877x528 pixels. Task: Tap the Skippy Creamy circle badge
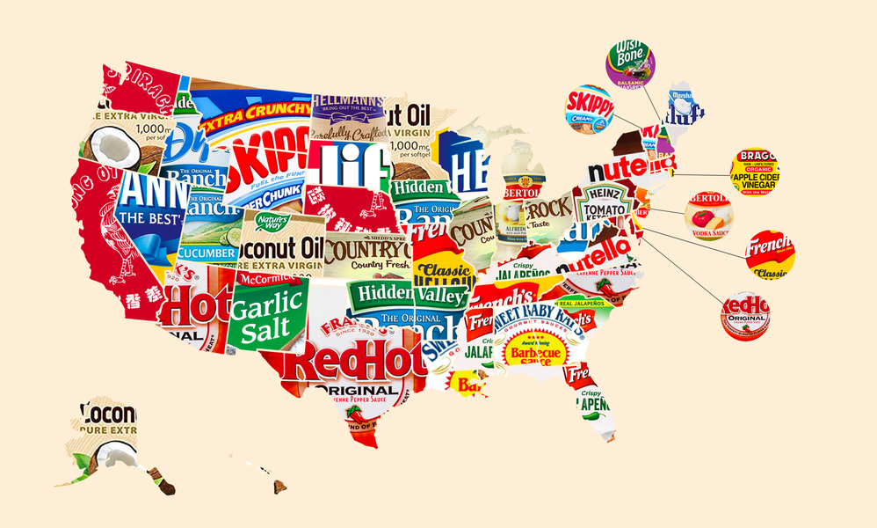589,109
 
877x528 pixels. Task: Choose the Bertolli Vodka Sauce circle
708,214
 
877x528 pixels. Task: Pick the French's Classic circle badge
770,255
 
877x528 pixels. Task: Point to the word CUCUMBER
208,252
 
